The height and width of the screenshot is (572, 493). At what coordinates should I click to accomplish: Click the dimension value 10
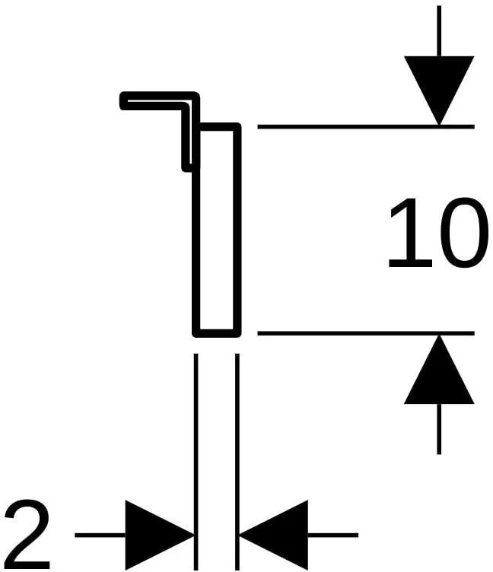point(438,233)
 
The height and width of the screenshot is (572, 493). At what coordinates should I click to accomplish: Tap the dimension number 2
point(27,534)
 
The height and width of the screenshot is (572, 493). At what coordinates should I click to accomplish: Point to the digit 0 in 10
point(463,233)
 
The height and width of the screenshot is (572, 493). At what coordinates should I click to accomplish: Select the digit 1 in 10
point(410,233)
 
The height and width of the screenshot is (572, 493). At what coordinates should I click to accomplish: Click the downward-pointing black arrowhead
point(439,91)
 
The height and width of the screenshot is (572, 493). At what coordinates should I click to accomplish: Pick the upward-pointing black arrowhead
point(439,369)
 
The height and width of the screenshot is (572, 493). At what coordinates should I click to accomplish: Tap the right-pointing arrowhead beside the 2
point(160,535)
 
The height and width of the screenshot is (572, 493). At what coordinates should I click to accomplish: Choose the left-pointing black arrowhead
point(274,535)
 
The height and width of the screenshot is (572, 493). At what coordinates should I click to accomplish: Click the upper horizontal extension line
point(366,126)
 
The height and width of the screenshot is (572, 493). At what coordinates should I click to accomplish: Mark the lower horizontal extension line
point(366,333)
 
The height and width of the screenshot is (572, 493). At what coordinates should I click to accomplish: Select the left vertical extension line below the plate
point(196,462)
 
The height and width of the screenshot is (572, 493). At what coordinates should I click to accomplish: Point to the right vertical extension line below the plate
point(237,462)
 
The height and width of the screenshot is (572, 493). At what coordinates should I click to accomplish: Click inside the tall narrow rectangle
point(217,230)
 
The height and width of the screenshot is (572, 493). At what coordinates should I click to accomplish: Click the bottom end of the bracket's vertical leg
point(187,170)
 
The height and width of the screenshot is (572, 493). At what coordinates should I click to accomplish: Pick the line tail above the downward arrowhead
point(439,30)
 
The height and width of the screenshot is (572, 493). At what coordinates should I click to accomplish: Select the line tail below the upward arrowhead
point(439,429)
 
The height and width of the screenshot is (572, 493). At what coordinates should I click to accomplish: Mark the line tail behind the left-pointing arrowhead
point(333,535)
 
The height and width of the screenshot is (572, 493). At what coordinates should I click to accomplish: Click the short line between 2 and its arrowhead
point(100,535)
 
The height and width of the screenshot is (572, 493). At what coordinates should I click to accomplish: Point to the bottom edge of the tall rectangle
point(217,333)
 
